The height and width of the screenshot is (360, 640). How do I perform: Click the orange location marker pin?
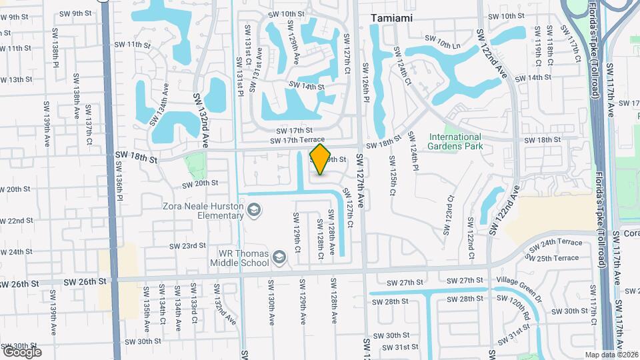tap(321, 159)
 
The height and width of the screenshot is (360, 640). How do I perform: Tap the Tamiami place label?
tap(390, 19)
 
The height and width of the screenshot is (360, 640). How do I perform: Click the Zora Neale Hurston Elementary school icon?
tap(253, 211)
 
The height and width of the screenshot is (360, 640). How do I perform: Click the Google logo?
tap(22, 351)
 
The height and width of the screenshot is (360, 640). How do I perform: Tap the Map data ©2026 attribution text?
tap(609, 355)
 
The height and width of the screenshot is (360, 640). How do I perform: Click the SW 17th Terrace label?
tap(297, 141)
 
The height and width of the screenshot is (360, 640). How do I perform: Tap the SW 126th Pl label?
tap(365, 83)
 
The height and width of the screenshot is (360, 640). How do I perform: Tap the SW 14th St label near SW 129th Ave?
tap(307, 87)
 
